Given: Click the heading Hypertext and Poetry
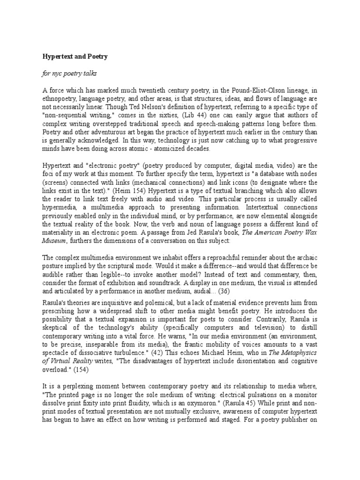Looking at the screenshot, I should tap(75, 57).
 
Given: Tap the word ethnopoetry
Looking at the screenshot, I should tap(60, 99).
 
